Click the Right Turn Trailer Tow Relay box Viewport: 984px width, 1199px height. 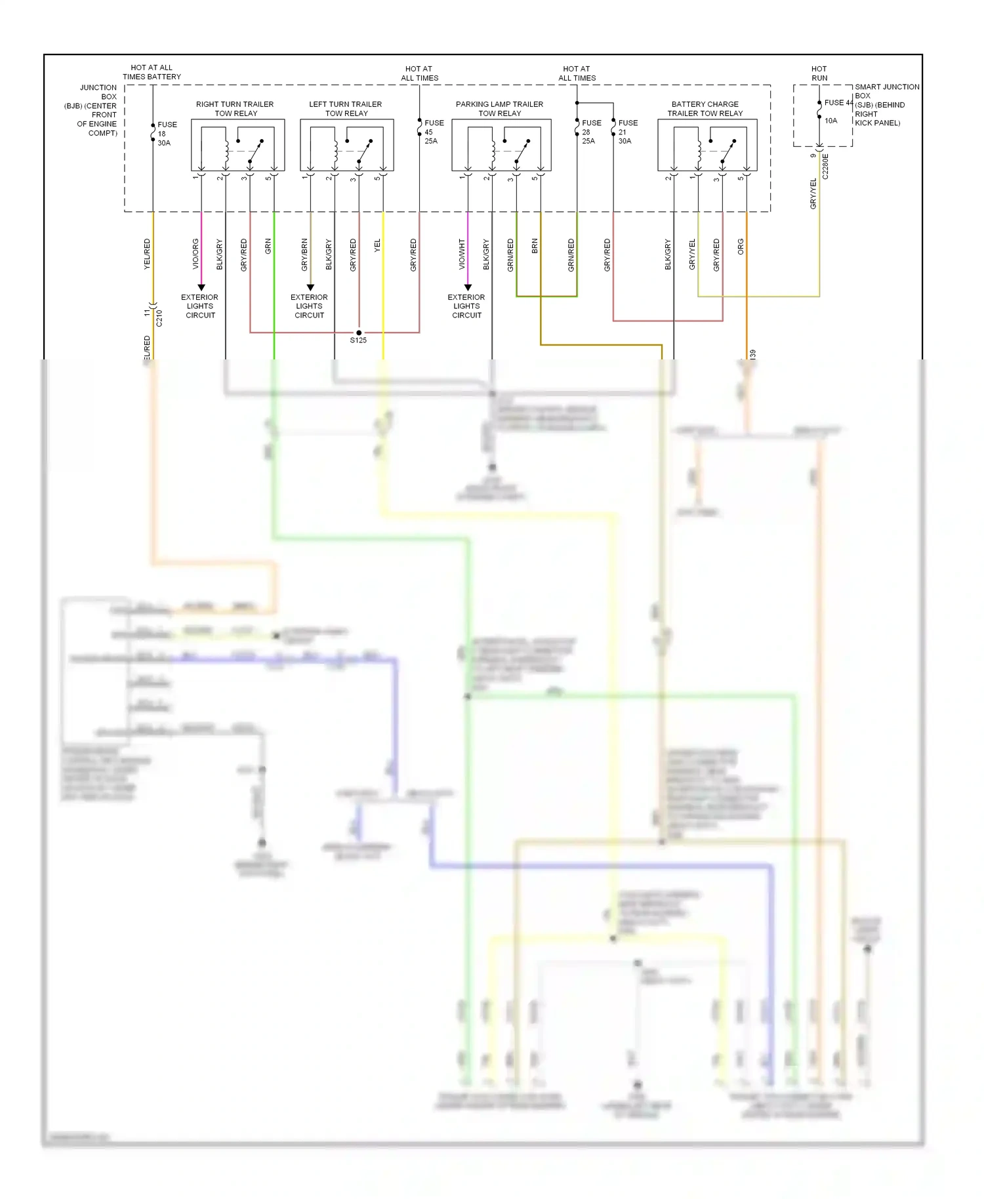point(237,145)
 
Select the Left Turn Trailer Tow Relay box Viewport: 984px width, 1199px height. point(346,145)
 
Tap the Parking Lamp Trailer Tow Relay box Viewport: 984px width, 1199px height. point(501,145)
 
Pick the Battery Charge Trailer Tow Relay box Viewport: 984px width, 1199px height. point(707,145)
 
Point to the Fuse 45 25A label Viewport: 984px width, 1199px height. point(433,132)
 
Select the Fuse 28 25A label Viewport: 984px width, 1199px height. point(590,132)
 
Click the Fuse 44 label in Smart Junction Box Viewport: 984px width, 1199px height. point(838,103)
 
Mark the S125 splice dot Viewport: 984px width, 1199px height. point(359,333)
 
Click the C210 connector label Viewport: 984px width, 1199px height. point(159,318)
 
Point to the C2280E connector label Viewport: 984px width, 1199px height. point(825,167)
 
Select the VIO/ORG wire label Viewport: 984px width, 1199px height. point(195,254)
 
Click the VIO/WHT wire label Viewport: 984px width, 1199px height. point(462,254)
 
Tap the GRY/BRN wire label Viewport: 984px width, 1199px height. point(304,254)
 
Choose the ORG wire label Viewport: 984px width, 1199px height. point(741,247)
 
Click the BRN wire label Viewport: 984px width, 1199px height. point(535,247)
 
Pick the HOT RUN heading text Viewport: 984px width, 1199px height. point(819,73)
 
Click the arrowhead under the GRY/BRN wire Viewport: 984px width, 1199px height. point(310,287)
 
